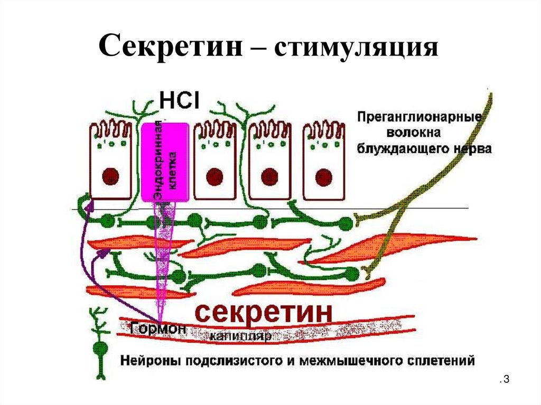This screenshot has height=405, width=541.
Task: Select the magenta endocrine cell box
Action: [165, 161]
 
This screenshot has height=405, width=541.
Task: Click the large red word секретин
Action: [264, 314]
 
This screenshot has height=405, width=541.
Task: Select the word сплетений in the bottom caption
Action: [444, 361]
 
